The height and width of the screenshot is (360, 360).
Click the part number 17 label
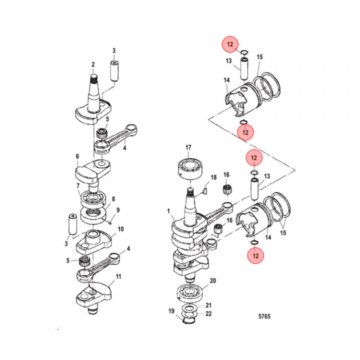188,147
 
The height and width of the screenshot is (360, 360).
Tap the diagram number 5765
264,316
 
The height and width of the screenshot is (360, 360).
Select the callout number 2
93,64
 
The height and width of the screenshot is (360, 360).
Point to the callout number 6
77,156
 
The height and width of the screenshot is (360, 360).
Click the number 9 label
118,209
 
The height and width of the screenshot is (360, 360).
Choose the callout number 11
118,276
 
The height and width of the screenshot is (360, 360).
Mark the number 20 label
213,281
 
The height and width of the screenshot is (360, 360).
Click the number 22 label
209,313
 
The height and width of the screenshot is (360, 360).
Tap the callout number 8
113,198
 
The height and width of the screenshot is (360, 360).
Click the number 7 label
78,186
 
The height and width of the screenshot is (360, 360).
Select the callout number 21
209,305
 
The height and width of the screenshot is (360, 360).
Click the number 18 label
213,177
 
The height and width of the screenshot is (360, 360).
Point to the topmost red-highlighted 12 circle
230,45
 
